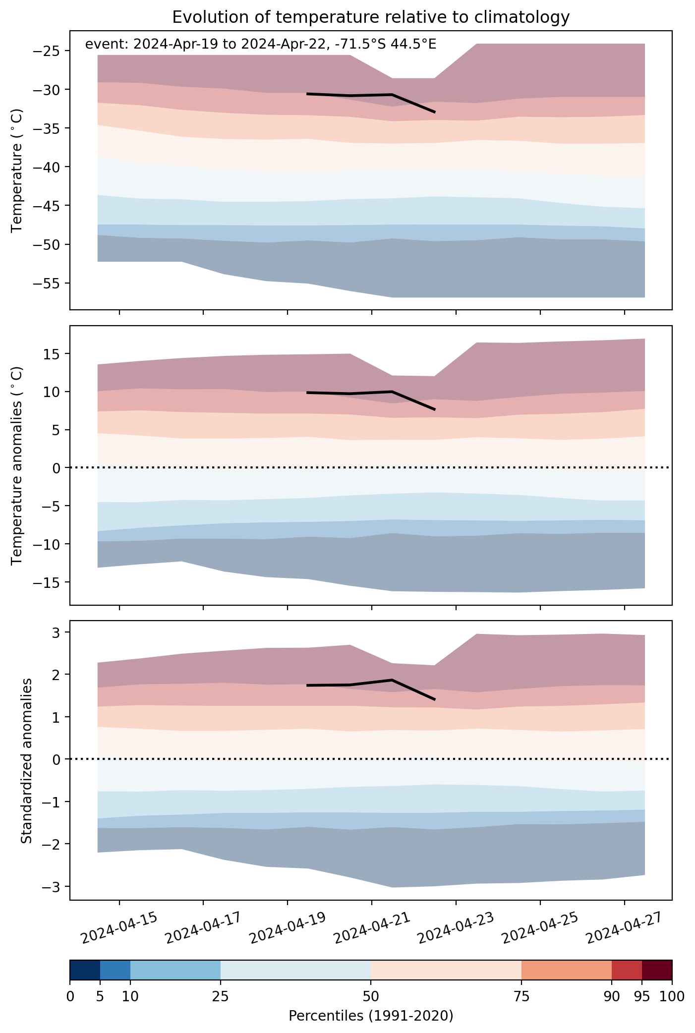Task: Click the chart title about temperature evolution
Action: click(371, 17)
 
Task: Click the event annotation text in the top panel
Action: click(261, 45)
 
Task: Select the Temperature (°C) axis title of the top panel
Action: click(17, 171)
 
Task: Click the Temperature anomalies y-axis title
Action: click(17, 465)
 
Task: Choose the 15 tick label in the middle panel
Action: click(54, 354)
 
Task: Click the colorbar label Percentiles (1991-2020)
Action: click(371, 1016)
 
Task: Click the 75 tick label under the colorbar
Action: click(521, 997)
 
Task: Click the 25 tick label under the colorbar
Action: click(221, 997)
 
